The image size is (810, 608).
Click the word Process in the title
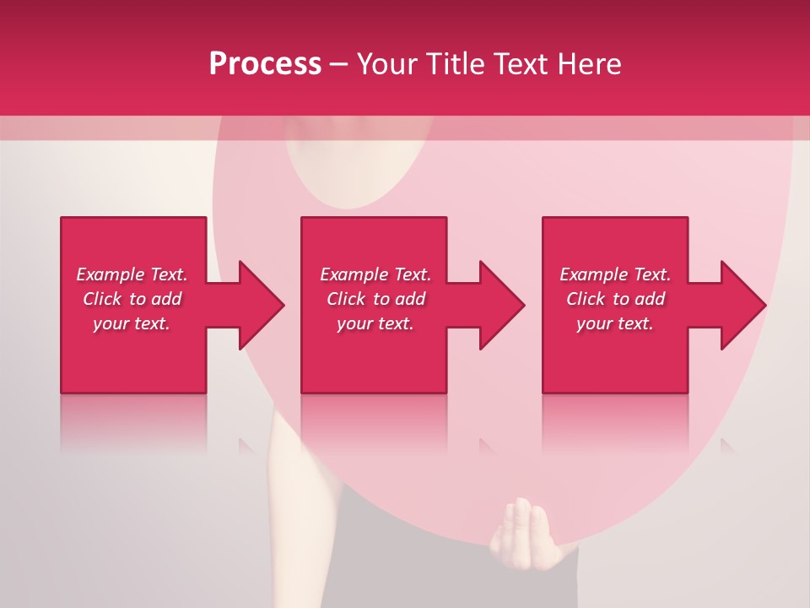tap(265, 64)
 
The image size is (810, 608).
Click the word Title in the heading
tap(454, 64)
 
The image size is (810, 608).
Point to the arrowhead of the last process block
tap(742, 305)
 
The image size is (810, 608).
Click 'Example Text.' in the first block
tap(132, 274)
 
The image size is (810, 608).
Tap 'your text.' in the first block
tap(132, 323)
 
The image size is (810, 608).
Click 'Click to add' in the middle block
tap(375, 299)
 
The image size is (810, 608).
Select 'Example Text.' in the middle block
tap(375, 274)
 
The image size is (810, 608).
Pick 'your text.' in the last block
tap(615, 323)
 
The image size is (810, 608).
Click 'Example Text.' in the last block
tap(615, 274)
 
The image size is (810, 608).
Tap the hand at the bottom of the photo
tap(523, 532)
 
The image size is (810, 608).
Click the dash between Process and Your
tap(338, 64)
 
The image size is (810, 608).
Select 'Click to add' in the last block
tap(615, 299)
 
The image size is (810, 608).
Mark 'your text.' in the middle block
tap(375, 323)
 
